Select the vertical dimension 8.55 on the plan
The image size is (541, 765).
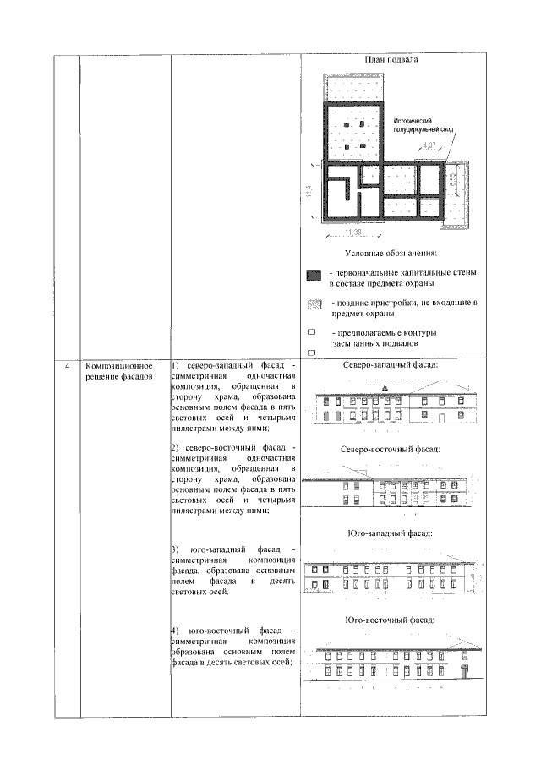coord(453,180)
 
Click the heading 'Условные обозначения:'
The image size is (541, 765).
coord(391,254)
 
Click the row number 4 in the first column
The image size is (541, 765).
coord(68,366)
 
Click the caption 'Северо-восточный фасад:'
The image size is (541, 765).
coord(391,450)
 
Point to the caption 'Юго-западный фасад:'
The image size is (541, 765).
coord(391,533)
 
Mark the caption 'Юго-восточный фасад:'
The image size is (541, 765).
coord(391,620)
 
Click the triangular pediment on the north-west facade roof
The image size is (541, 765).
coord(385,388)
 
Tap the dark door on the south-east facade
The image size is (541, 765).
coord(463,671)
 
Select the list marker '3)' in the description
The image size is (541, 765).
coord(175,549)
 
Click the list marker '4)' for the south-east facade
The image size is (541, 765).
coord(175,631)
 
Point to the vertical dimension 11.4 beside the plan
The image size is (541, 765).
coord(312,193)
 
